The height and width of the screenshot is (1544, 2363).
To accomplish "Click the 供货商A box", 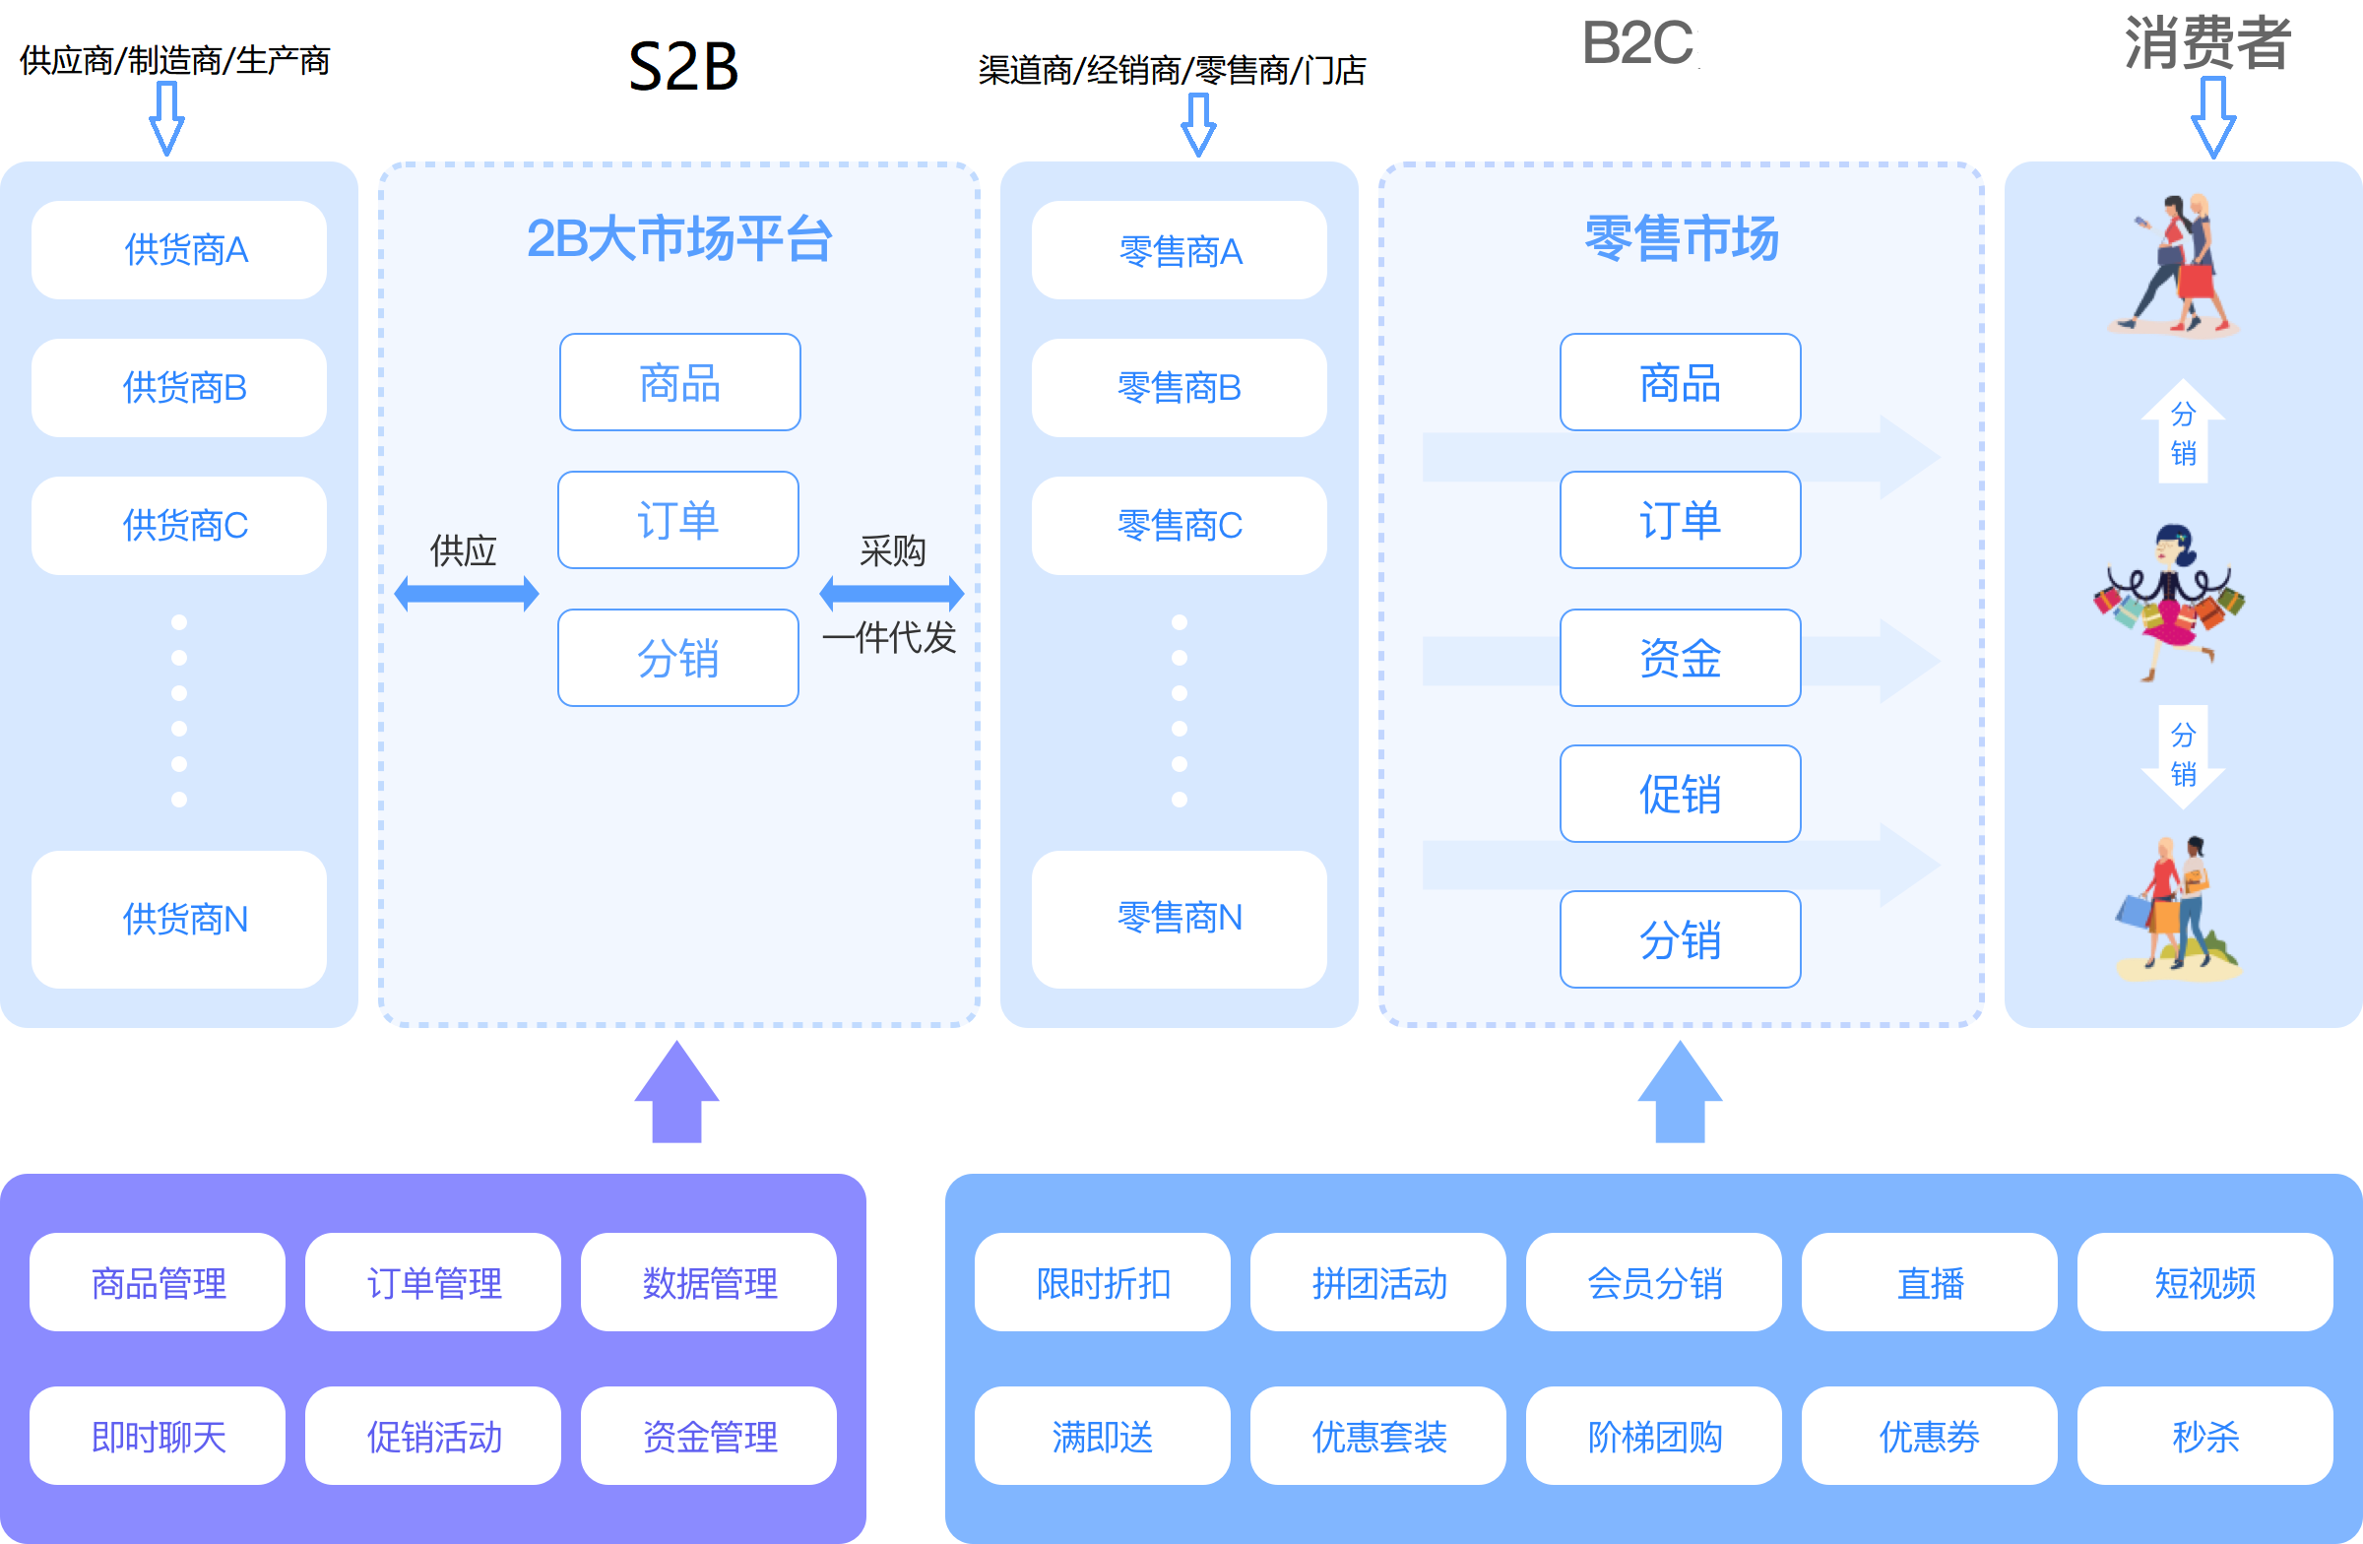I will tap(179, 250).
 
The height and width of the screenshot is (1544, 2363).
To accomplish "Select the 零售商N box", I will tap(1179, 919).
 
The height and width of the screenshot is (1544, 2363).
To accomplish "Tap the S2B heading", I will tap(684, 67).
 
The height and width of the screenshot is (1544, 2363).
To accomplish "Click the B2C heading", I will tap(1637, 43).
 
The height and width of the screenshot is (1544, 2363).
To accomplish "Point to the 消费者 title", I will tap(2206, 42).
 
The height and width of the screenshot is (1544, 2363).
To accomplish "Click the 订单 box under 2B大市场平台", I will tap(678, 520).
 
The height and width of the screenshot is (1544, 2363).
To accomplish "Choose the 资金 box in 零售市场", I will tap(1680, 659).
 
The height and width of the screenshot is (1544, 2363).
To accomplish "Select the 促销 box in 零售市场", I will tap(1680, 795).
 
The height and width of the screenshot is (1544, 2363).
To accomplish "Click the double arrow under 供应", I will tap(466, 594).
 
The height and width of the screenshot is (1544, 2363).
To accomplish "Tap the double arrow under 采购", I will tap(891, 594).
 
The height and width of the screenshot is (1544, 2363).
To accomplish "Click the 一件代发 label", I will tap(889, 637).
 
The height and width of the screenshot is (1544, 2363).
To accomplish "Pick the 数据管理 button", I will tap(709, 1283).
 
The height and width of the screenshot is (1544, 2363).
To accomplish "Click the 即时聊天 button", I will tap(158, 1436).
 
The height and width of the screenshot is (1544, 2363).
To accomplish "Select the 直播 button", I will tap(1929, 1283).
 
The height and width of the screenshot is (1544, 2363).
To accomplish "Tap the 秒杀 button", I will tap(2204, 1436).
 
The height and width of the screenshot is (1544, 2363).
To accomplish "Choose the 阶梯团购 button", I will tap(1653, 1436).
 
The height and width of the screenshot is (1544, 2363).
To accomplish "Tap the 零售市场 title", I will tap(1681, 238).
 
